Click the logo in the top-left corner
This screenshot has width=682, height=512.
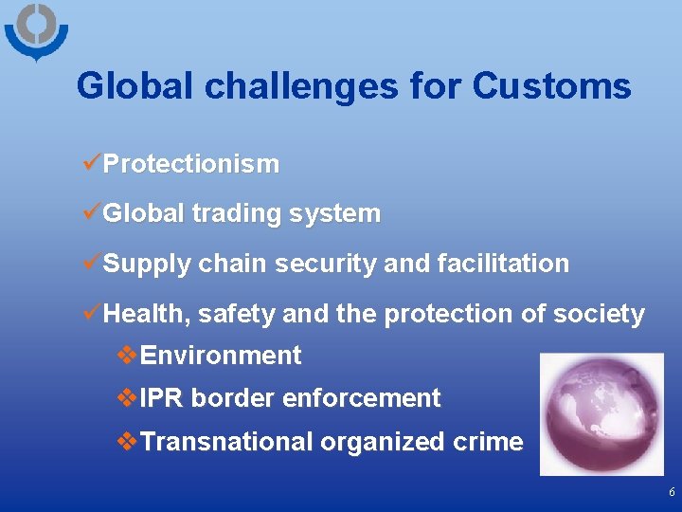(36, 31)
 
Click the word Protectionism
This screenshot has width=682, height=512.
(190, 164)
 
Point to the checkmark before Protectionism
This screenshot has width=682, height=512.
(92, 163)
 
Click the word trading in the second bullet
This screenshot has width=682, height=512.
(238, 214)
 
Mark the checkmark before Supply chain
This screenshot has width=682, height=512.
(92, 263)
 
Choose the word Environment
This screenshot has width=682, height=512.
(220, 356)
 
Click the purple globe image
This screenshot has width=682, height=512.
(601, 413)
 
